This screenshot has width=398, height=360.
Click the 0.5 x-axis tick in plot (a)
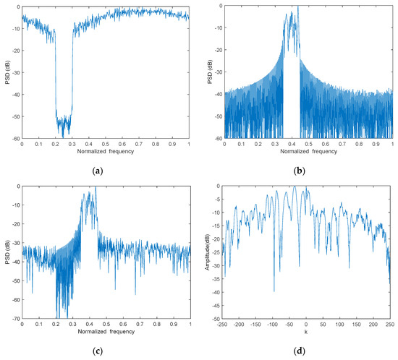(106, 143)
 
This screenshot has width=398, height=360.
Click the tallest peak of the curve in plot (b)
(297, 7)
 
